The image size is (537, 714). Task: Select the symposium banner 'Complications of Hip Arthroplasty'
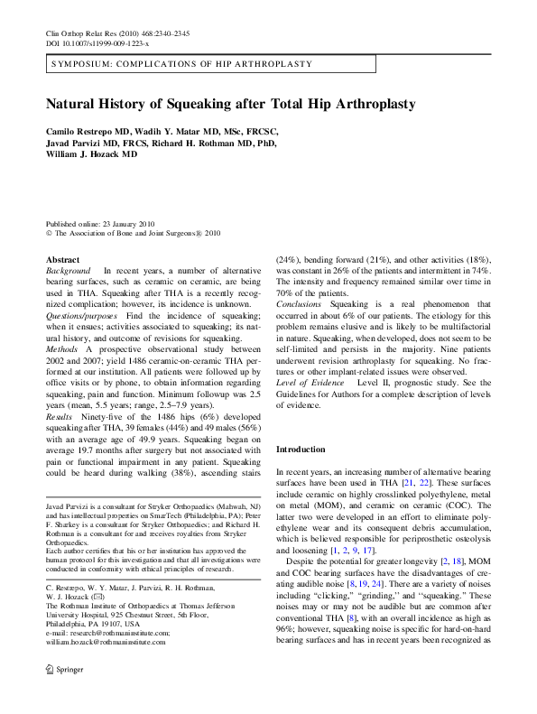click(x=182, y=64)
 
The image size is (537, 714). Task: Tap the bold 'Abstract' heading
click(x=62, y=260)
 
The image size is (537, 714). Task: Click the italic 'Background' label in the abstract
click(x=68, y=271)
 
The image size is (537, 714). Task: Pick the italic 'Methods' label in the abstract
click(x=62, y=347)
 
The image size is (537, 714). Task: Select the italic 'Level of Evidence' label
click(x=310, y=379)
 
